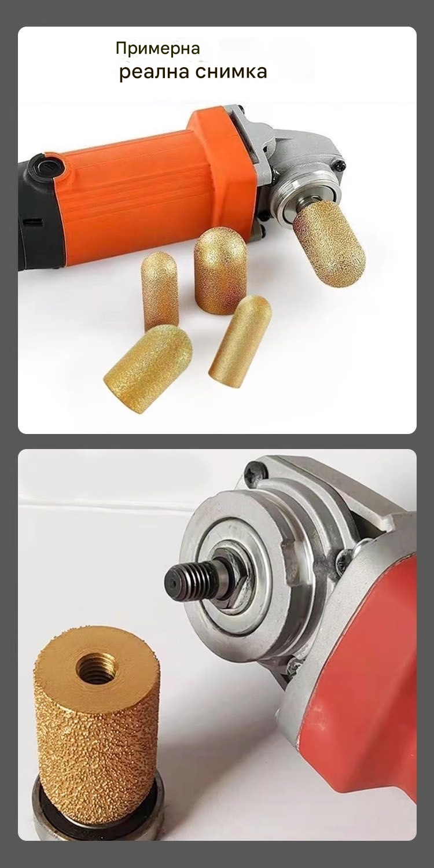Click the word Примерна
158,49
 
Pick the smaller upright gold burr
160,291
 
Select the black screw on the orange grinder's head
340,166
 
